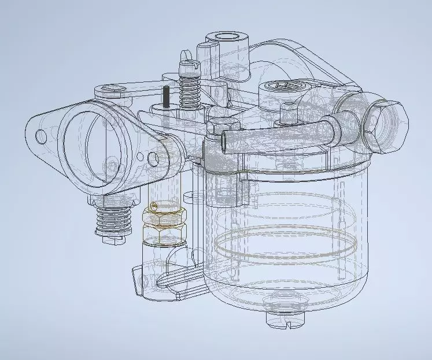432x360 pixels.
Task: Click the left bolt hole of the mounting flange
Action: pos(40,136)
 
